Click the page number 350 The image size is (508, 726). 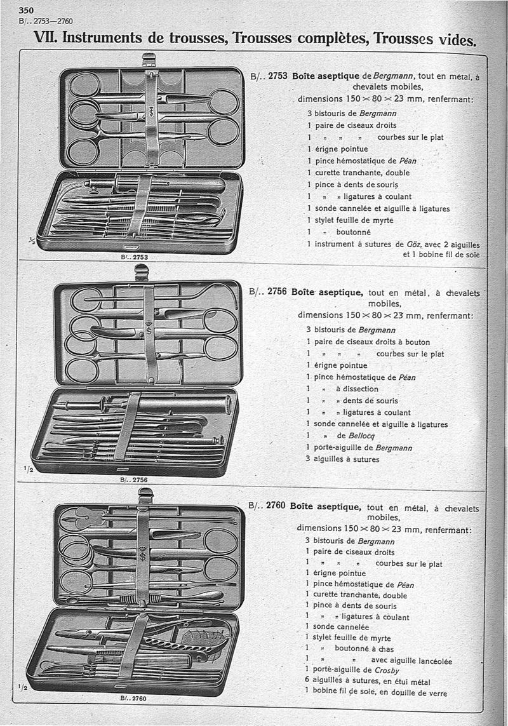pos(26,10)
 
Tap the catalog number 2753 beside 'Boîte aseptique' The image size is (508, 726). pos(278,76)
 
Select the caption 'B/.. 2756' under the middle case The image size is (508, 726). pos(133,480)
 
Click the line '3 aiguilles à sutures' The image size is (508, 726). pos(343,459)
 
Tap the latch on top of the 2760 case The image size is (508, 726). pos(145,495)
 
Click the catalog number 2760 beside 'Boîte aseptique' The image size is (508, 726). pos(276,506)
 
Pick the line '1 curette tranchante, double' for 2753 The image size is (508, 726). pos(358,173)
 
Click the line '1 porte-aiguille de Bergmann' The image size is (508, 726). pos(358,448)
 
